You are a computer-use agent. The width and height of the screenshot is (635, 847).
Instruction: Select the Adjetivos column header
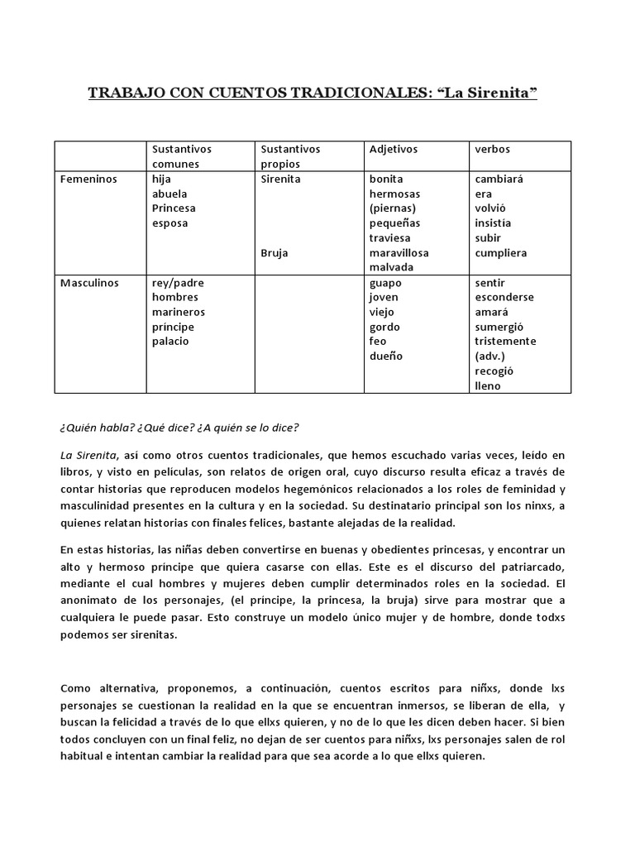[394, 150]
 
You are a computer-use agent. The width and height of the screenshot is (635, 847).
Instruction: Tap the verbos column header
[493, 150]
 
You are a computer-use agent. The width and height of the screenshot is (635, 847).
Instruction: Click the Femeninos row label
[88, 179]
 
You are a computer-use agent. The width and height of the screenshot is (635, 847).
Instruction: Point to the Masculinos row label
[89, 283]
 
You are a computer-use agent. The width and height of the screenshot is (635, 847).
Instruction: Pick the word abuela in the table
[171, 194]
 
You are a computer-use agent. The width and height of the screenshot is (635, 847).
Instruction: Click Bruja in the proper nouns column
[275, 253]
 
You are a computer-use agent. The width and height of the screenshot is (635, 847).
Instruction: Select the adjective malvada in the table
[392, 268]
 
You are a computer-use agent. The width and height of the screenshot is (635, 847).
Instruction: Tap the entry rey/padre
[178, 283]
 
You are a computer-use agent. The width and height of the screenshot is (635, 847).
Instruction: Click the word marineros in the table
[179, 313]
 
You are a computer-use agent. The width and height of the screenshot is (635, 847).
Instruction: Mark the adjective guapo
[385, 283]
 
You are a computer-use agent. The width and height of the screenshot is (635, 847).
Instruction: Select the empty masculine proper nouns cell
[308, 334]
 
